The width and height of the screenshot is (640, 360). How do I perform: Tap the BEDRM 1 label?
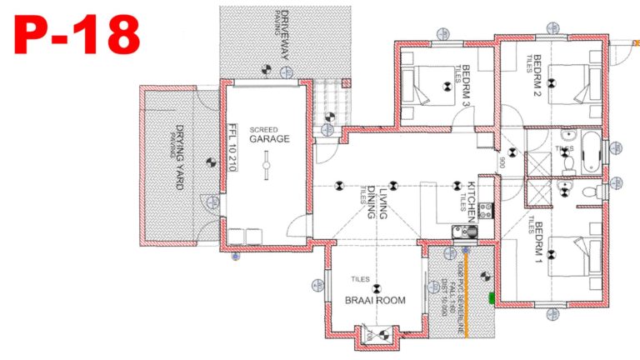coord(538,241)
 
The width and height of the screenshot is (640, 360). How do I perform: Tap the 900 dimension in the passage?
coord(502,163)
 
